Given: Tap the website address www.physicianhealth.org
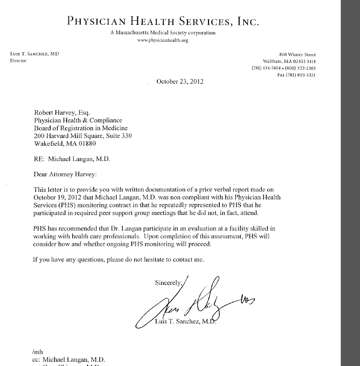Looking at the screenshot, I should (163, 40).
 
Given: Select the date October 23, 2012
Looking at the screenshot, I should (180, 81).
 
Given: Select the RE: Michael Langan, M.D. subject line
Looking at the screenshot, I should (72, 159).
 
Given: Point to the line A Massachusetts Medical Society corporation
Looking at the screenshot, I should (163, 33).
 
